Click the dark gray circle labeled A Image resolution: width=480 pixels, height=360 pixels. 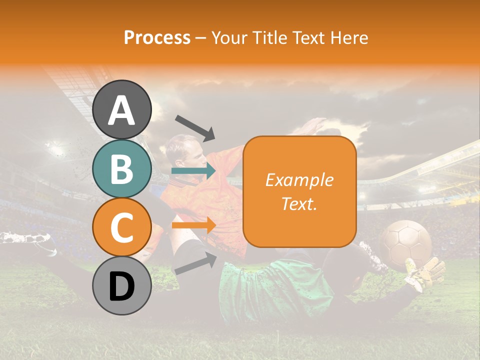point(122,109)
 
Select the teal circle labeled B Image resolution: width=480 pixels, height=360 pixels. point(122,169)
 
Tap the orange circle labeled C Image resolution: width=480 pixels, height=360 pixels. point(122,227)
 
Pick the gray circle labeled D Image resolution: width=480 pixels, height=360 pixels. point(122,286)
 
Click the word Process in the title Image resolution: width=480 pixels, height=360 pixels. point(157,37)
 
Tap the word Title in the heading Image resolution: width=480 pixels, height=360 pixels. point(268,37)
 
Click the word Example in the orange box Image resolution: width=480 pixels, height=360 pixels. point(299,180)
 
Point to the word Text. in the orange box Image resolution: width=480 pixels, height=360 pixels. point(299,203)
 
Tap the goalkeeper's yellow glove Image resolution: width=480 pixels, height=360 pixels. point(425,272)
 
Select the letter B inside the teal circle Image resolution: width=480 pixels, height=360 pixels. point(122,169)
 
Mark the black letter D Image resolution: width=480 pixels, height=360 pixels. point(122,286)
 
